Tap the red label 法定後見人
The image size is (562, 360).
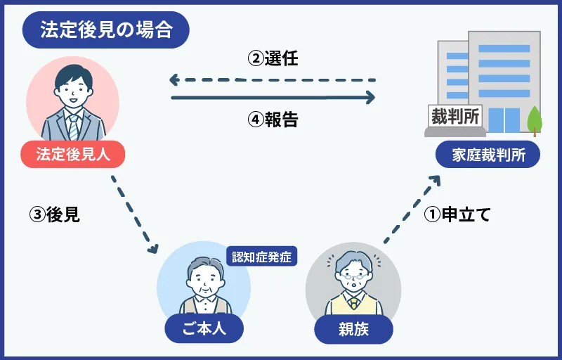(73, 154)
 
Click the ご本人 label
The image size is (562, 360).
(204, 328)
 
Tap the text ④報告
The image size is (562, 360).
(273, 120)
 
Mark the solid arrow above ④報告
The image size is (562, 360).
(273, 98)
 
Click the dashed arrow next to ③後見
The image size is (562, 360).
(133, 214)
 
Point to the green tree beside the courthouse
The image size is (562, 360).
(535, 119)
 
